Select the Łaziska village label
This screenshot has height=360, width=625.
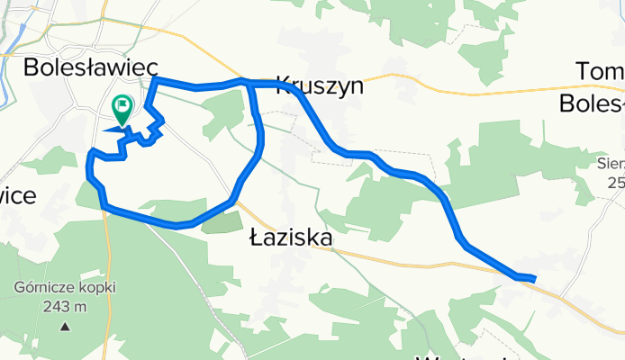tap(290, 238)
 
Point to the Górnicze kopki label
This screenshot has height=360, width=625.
tap(50, 289)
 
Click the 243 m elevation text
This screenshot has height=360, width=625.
tap(63, 306)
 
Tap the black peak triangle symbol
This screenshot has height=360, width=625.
tap(64, 325)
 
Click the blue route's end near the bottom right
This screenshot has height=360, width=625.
tap(534, 279)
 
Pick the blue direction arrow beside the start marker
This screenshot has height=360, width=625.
tap(115, 130)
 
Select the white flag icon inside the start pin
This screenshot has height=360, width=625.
tap(122, 105)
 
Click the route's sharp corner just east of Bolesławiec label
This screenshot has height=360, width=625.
tap(156, 80)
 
